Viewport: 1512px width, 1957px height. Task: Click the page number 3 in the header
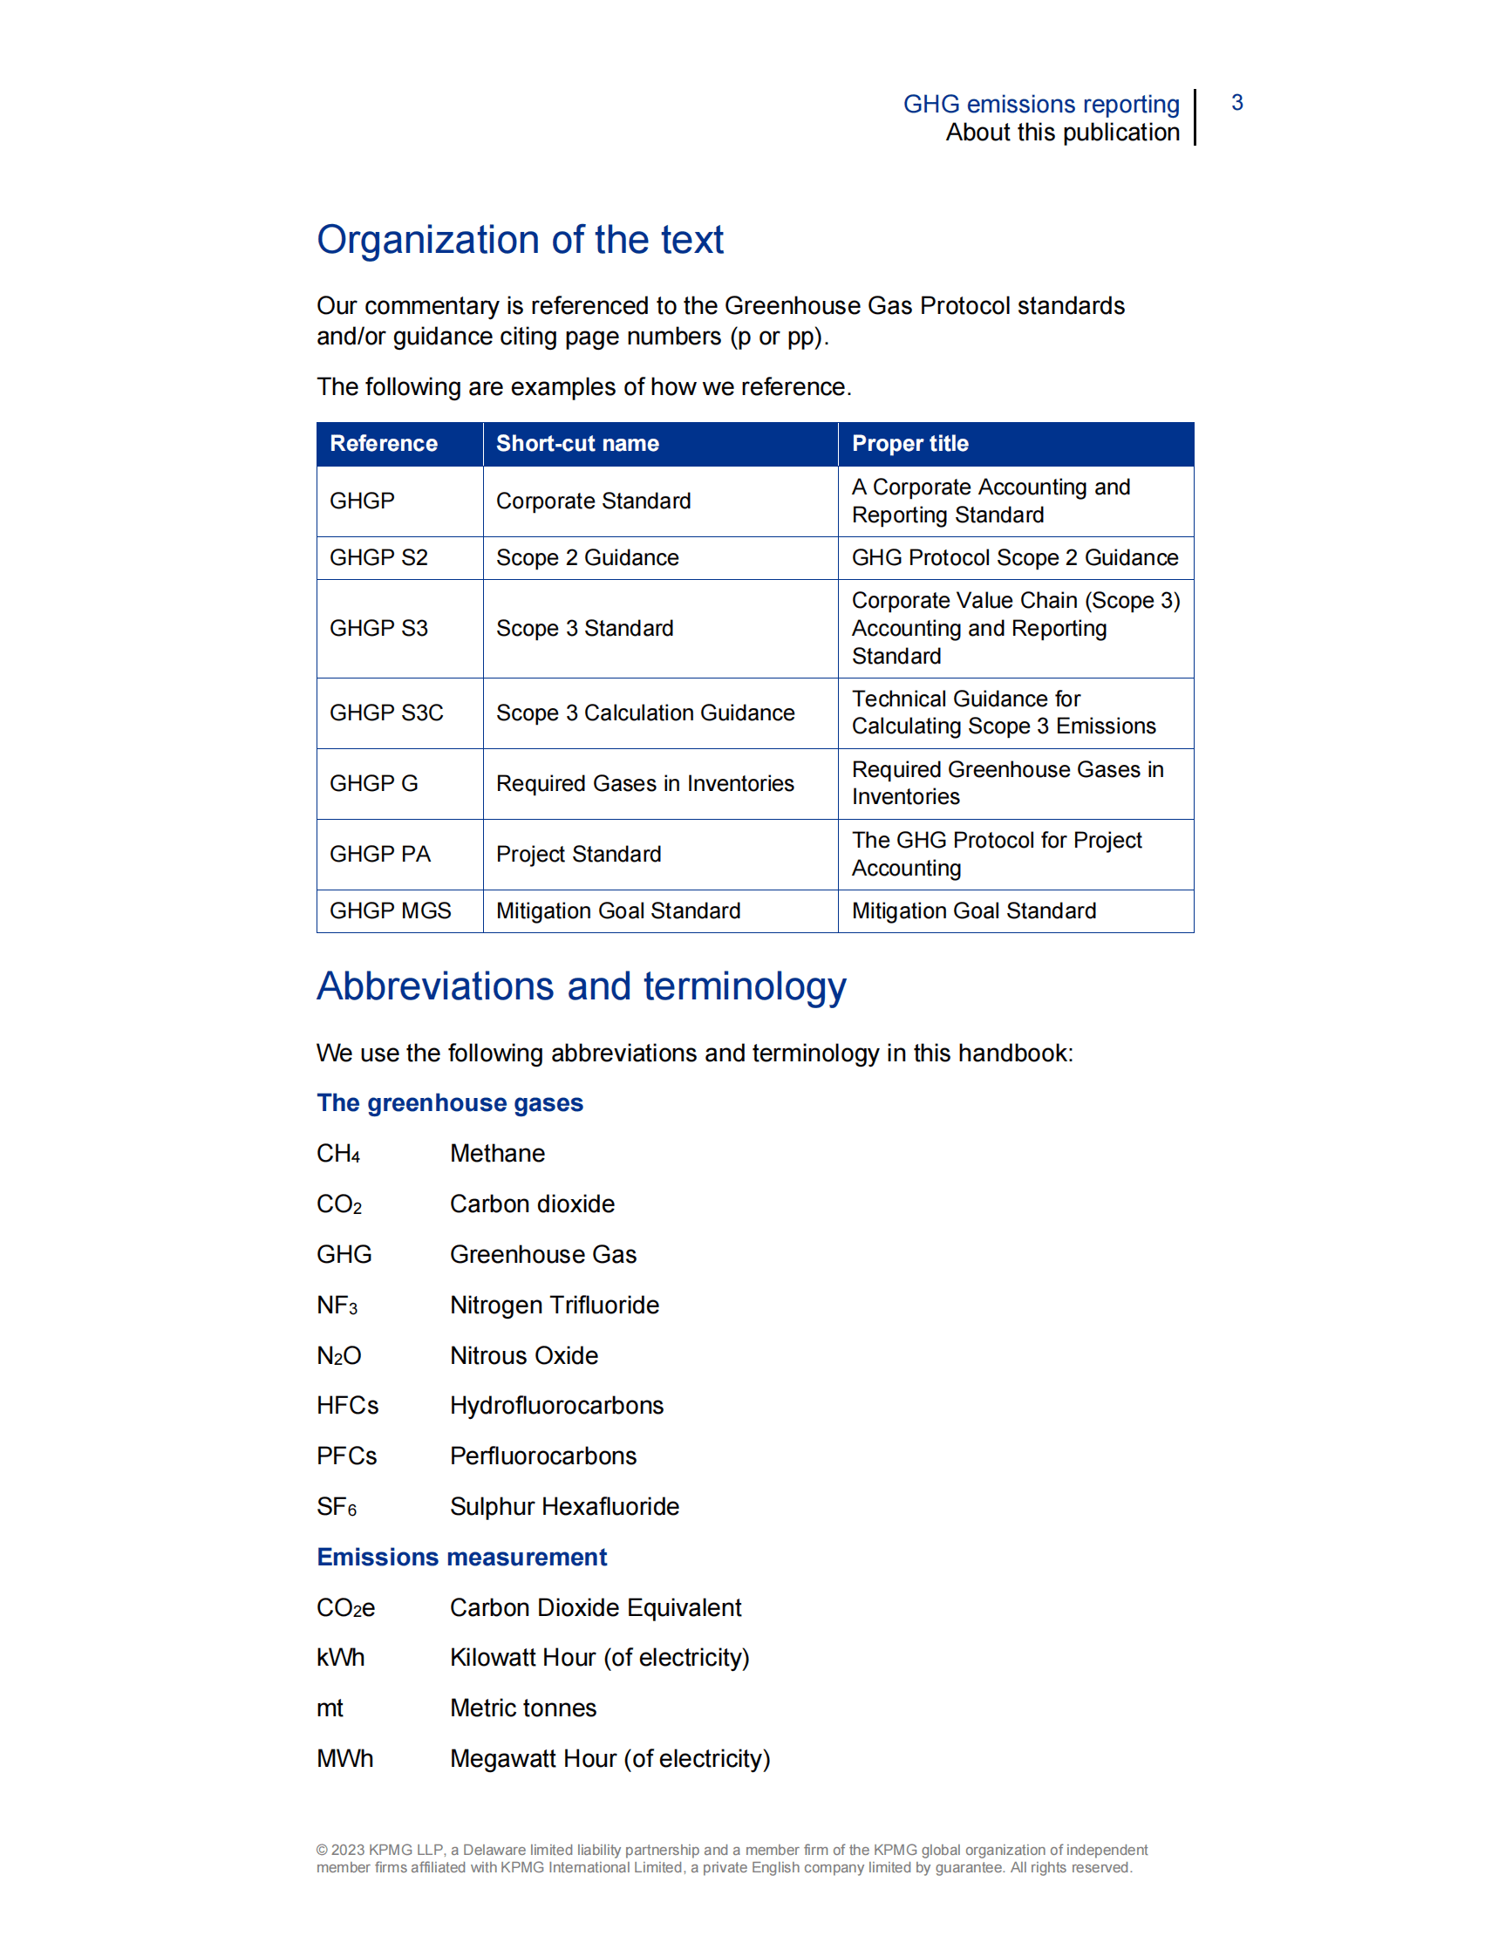[x=1236, y=103]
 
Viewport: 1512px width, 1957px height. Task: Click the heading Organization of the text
[x=520, y=240]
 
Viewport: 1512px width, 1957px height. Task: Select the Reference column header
[x=384, y=444]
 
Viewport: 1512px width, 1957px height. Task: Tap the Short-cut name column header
[x=577, y=444]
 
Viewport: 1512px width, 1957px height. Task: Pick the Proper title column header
[x=909, y=444]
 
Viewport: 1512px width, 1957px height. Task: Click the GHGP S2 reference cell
[x=378, y=557]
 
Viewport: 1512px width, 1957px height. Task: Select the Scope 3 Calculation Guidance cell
[x=645, y=713]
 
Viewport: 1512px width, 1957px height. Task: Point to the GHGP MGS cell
[x=390, y=910]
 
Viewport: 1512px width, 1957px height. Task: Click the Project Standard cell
[x=579, y=854]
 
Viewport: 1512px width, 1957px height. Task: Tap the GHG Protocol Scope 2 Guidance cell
[x=1014, y=557]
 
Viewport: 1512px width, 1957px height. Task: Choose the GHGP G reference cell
[x=373, y=783]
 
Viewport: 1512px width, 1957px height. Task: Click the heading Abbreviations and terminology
[x=581, y=986]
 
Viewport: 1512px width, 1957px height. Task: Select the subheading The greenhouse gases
[x=450, y=1103]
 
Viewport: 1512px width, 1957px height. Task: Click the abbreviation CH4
[x=337, y=1154]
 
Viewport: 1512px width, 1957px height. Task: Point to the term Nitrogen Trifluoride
[x=554, y=1305]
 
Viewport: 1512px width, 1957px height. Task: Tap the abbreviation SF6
[x=336, y=1507]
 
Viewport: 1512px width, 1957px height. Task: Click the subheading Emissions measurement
[x=461, y=1558]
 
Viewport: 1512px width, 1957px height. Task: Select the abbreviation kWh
[x=340, y=1658]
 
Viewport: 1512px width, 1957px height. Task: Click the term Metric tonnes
[x=522, y=1708]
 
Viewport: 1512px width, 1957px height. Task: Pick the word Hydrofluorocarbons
[x=556, y=1405]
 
